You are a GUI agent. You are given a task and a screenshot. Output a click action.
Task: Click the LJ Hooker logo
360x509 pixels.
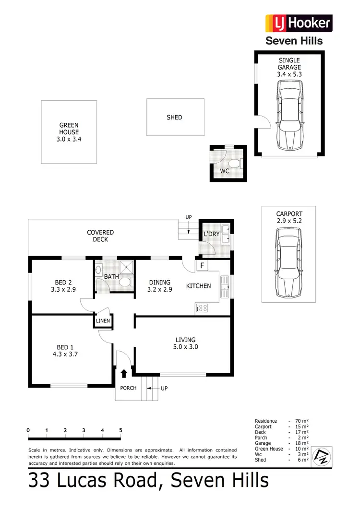(299, 23)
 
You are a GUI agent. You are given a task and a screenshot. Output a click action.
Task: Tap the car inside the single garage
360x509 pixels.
(290, 115)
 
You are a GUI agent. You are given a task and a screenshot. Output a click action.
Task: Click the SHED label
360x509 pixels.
(174, 117)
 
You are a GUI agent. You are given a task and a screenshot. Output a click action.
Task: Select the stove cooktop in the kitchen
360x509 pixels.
(202, 308)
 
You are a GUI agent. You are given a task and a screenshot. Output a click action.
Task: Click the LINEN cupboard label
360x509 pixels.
(103, 321)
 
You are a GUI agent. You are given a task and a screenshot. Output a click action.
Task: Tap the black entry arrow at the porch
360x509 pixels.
(124, 373)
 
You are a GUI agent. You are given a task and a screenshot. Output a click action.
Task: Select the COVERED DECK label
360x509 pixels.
(100, 236)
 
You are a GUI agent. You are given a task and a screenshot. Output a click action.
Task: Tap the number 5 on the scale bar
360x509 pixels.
(120, 430)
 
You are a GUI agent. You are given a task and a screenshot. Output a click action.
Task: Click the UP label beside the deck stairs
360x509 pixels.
(189, 217)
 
